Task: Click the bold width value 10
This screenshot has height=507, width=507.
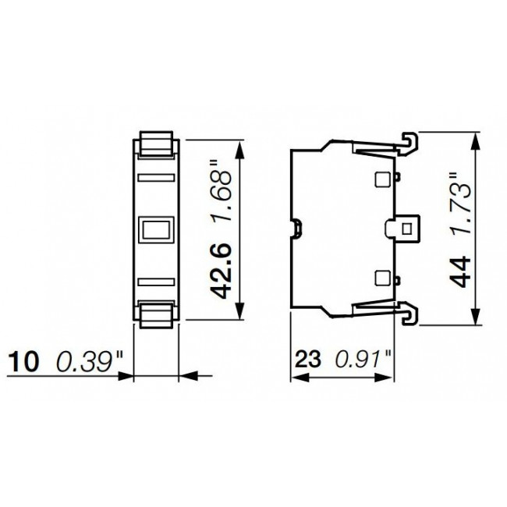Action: [23, 361]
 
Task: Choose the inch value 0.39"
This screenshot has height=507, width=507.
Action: [89, 361]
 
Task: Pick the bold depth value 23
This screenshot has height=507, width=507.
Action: [309, 361]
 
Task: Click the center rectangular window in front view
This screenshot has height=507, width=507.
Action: [156, 229]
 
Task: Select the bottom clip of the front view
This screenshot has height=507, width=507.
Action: [156, 311]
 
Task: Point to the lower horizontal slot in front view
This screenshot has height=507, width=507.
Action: [156, 280]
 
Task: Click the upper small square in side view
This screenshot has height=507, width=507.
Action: [382, 179]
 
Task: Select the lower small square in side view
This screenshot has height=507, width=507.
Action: [382, 277]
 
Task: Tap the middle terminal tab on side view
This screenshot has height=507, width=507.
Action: [404, 229]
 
